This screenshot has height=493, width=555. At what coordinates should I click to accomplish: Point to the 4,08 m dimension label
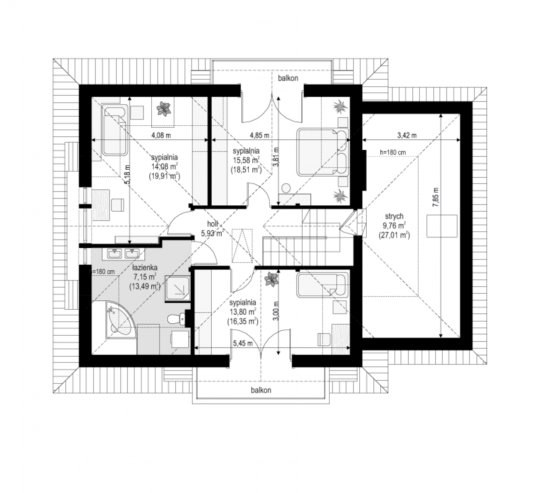(x=161, y=135)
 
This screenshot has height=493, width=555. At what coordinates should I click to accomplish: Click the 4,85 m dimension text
(x=259, y=135)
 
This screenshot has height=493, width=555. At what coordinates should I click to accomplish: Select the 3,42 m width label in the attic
(x=407, y=135)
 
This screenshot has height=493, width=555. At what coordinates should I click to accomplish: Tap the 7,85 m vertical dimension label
(x=435, y=197)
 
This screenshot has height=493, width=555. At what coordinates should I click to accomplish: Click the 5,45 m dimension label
(x=243, y=343)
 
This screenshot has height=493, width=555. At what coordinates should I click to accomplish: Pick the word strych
(x=394, y=216)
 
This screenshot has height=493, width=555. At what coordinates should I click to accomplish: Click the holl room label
(x=212, y=224)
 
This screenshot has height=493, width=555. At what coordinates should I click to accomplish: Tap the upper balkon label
(x=288, y=78)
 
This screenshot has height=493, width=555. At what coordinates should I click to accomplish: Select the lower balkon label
(x=261, y=390)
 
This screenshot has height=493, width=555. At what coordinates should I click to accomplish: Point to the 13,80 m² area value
(x=243, y=311)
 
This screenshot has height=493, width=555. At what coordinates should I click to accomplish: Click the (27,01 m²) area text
(x=394, y=235)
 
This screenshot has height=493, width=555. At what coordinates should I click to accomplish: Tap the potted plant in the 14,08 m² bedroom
(x=164, y=109)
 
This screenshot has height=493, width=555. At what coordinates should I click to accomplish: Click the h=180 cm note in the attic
(x=393, y=152)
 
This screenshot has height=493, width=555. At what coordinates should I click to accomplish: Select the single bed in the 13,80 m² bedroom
(x=322, y=285)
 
